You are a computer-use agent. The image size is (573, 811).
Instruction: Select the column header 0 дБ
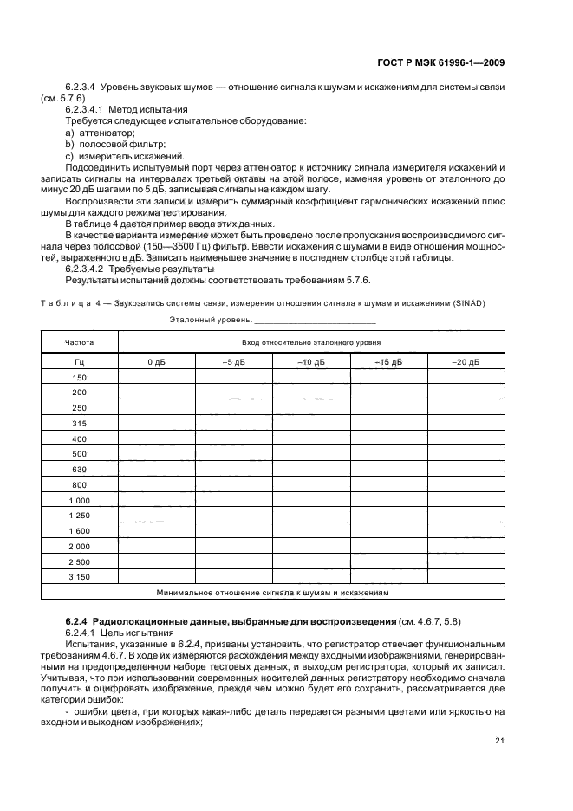156,362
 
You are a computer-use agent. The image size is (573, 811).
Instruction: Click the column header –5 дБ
233,362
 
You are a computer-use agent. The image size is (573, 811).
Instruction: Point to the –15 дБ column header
388,362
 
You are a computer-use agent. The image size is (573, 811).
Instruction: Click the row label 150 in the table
79,377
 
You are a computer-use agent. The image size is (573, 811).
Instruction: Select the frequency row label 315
79,423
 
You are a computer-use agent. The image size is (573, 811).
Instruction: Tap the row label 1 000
79,501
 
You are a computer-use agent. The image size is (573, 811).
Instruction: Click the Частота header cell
79,342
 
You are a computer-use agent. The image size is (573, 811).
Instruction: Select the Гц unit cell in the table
79,362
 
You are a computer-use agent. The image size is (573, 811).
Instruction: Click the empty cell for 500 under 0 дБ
156,454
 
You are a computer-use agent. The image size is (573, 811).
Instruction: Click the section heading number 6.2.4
77,622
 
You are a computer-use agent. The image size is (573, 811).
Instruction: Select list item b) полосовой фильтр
114,145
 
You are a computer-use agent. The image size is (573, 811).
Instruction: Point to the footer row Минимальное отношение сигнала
272,594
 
